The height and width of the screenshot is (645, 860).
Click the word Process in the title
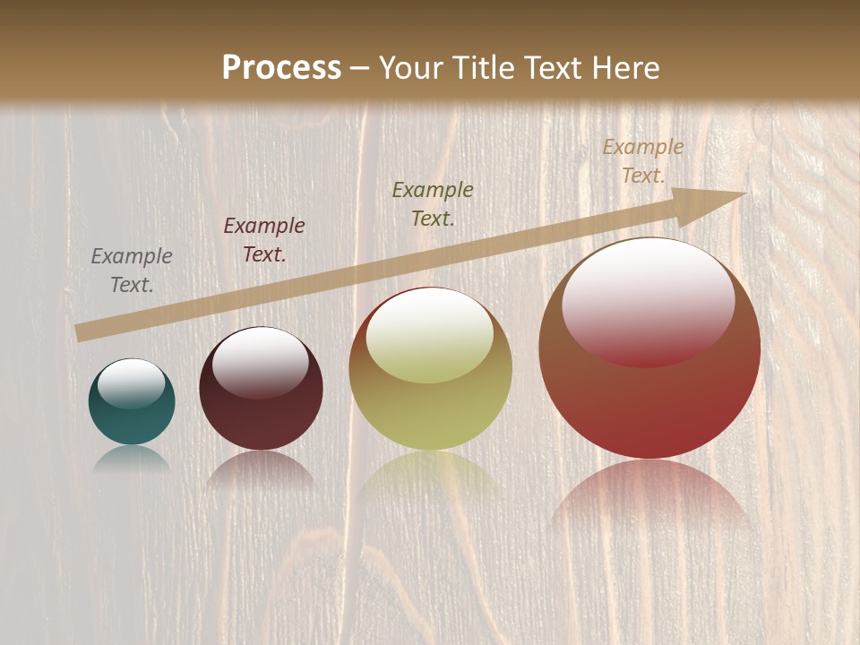pyautogui.click(x=281, y=67)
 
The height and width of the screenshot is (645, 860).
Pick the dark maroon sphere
pyautogui.click(x=261, y=417)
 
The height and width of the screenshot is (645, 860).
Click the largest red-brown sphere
pyautogui.click(x=649, y=394)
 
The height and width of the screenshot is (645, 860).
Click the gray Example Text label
pyautogui.click(x=132, y=270)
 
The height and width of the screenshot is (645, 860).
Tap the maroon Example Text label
pyautogui.click(x=264, y=239)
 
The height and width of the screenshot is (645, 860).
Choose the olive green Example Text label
pyautogui.click(x=433, y=203)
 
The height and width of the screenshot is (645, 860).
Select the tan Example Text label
pyautogui.click(x=642, y=161)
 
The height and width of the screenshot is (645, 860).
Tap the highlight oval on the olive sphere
pyautogui.click(x=430, y=335)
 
